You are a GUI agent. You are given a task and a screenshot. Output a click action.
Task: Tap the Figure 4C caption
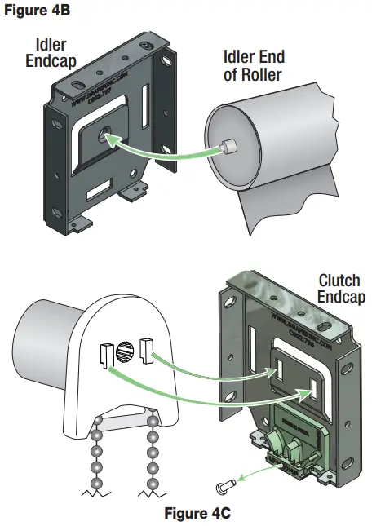[197, 515]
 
